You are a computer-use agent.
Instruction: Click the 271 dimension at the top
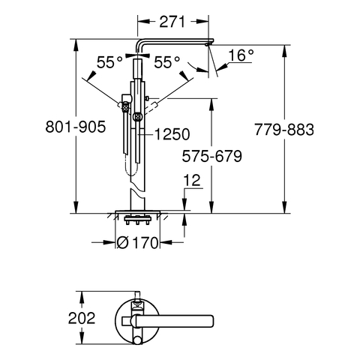tap(172, 22)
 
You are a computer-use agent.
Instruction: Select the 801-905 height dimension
tap(76, 127)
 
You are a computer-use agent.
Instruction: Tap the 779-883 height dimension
tap(284, 130)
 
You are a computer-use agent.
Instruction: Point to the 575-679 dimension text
tap(211, 157)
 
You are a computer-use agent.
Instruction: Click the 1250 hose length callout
tap(172, 134)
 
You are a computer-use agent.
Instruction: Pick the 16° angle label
tap(241, 55)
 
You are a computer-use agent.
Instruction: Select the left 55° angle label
tap(109, 62)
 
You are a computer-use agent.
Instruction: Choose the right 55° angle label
tap(166, 62)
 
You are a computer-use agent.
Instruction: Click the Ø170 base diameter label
tap(138, 242)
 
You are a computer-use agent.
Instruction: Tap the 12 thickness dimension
tap(192, 181)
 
